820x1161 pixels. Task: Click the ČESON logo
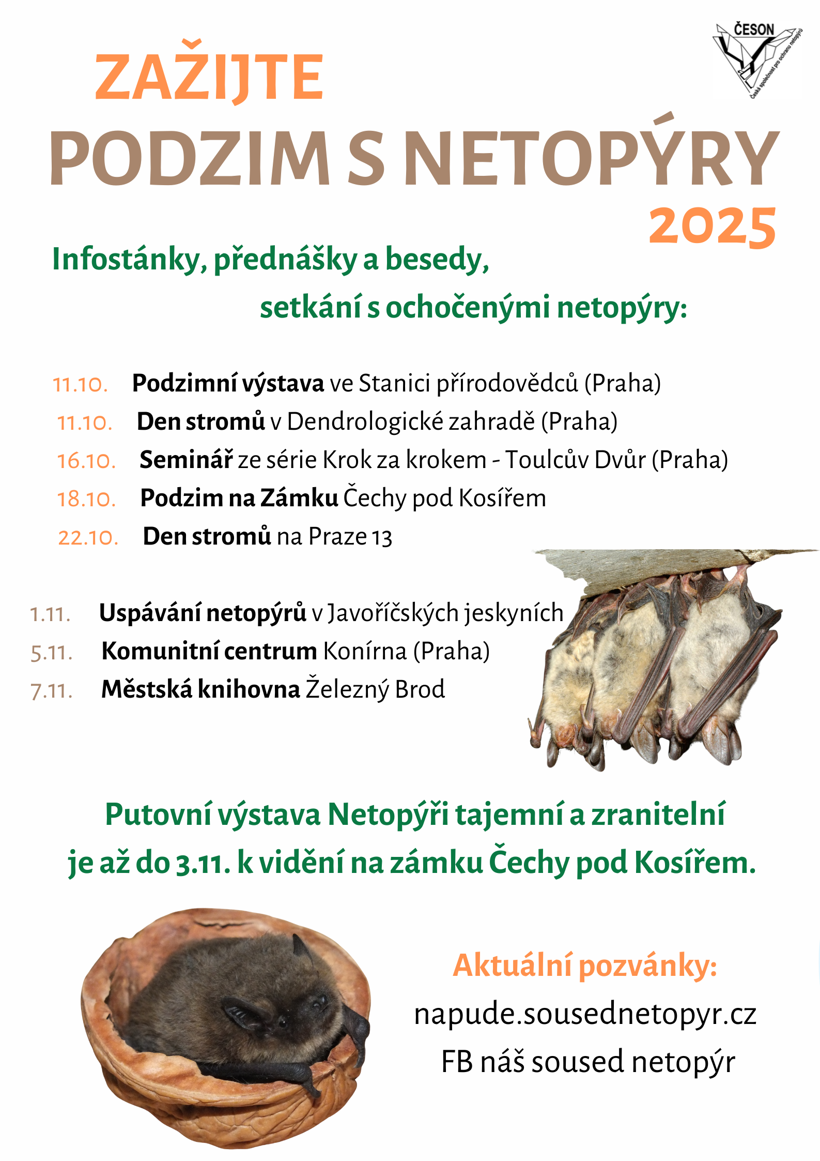point(757,59)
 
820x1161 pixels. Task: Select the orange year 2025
point(713,226)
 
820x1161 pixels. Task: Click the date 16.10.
point(86,461)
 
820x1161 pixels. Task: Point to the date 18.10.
point(86,499)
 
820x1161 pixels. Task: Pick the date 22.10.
point(88,537)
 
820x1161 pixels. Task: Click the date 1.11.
point(50,614)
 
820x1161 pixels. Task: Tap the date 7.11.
point(52,690)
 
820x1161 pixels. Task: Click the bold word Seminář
point(186,459)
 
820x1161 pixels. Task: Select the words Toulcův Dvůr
point(575,459)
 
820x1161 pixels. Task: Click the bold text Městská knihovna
point(200,689)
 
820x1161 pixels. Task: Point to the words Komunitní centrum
point(209,651)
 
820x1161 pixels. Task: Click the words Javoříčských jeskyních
point(445,613)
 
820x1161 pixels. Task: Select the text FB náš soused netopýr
point(588,1062)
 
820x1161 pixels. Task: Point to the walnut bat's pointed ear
point(301,946)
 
